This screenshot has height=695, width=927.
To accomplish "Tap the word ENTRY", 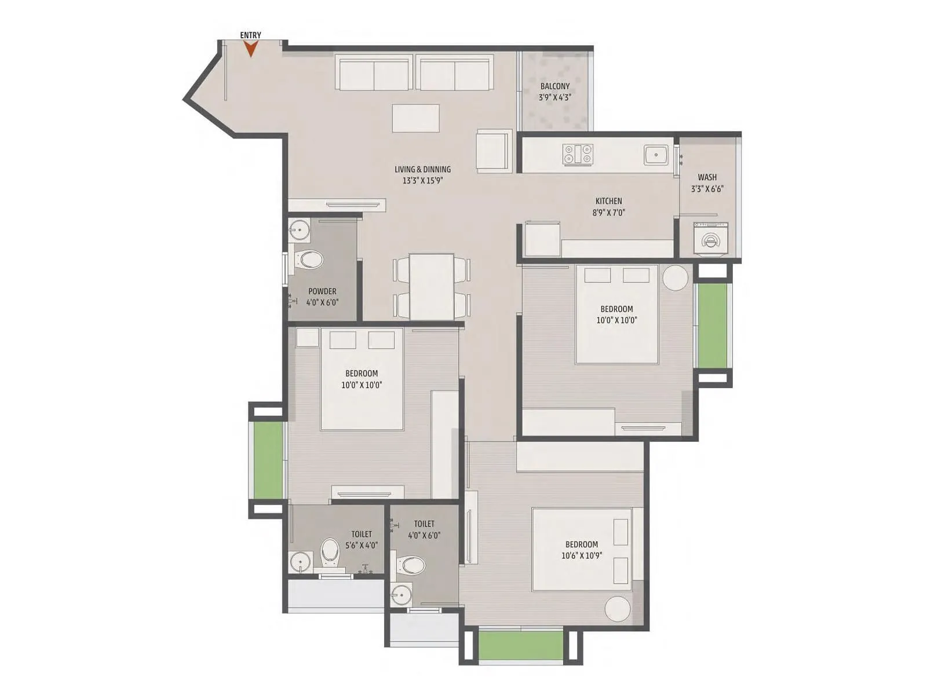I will [250, 35].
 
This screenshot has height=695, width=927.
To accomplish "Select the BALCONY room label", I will [555, 86].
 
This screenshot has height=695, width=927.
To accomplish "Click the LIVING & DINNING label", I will [422, 169].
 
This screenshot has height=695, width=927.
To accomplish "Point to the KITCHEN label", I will [608, 201].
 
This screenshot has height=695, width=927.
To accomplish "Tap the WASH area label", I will [707, 177].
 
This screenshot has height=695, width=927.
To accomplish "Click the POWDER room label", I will [322, 291].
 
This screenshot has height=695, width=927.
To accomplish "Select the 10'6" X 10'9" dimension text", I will [582, 555].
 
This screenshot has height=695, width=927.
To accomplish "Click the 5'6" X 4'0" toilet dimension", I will [362, 545].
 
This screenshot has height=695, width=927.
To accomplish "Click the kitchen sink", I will [656, 155].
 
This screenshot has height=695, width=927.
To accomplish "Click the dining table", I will [432, 286].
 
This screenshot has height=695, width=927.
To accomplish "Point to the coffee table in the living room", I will [415, 118].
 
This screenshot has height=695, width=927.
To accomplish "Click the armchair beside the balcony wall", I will [493, 151].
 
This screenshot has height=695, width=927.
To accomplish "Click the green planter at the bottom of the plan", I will [521, 645].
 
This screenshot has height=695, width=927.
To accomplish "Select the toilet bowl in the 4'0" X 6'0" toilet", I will [413, 564].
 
